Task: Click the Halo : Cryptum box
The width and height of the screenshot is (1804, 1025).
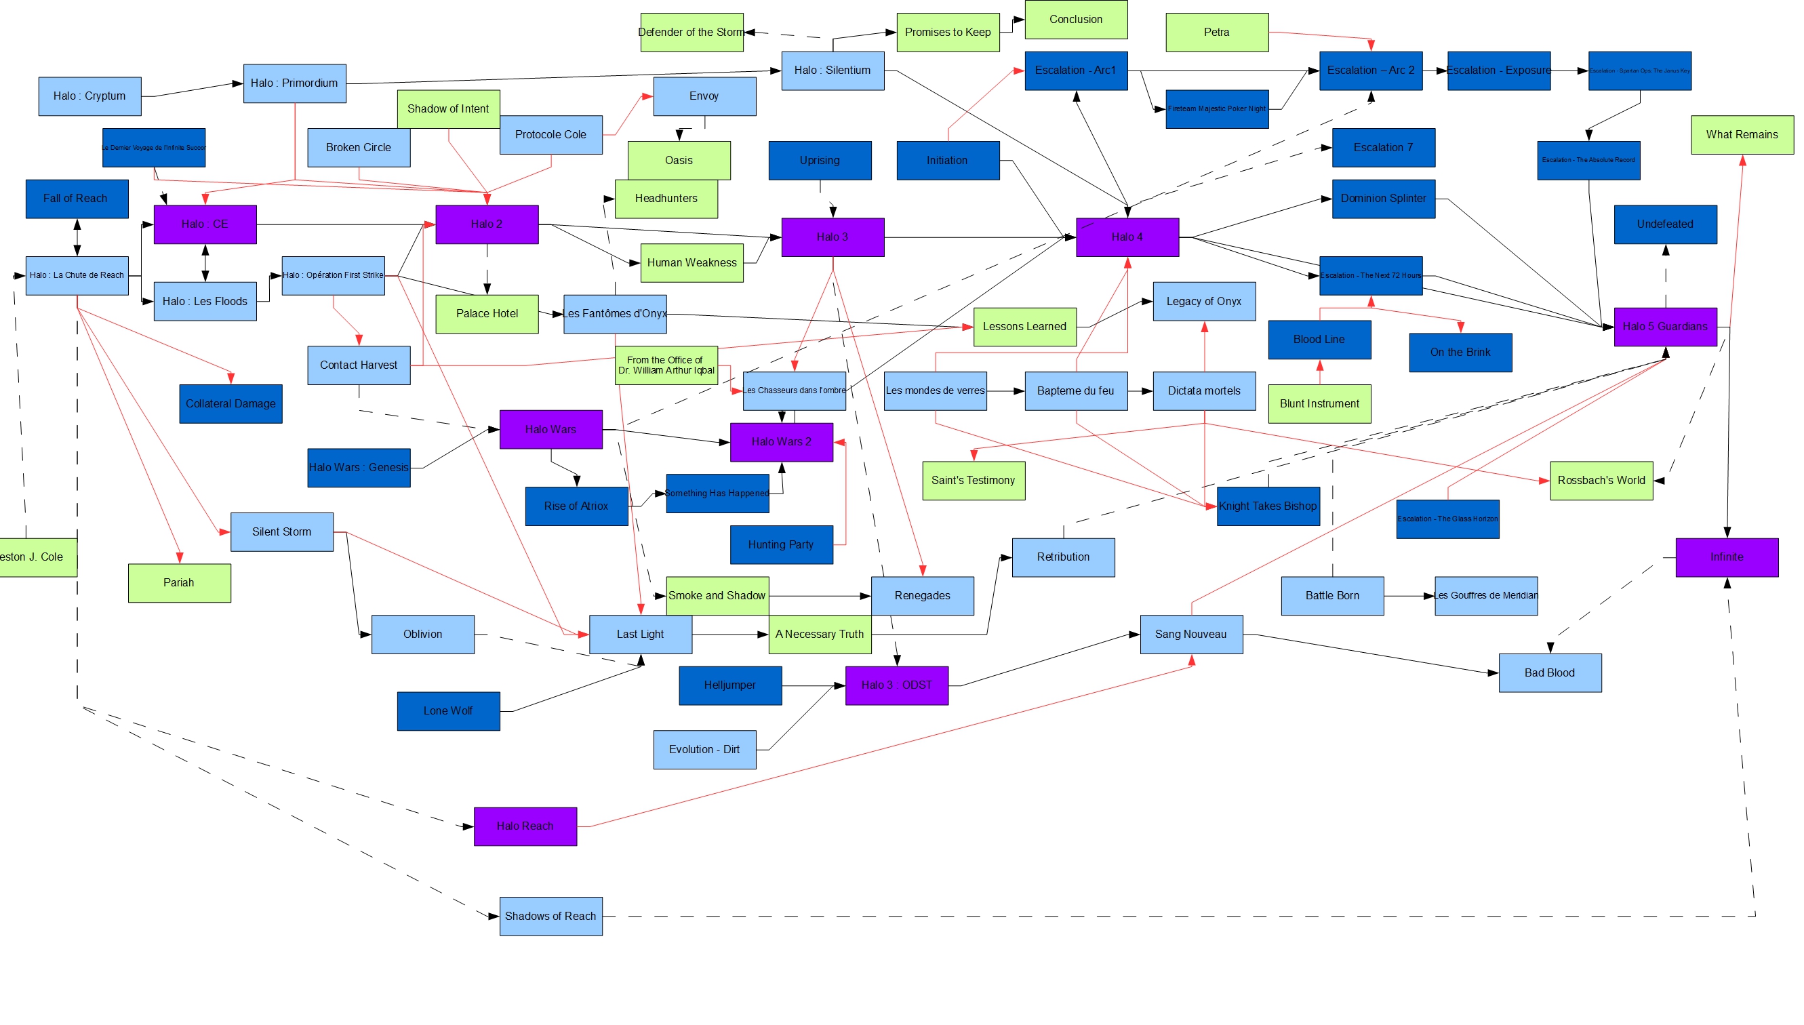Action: (x=89, y=96)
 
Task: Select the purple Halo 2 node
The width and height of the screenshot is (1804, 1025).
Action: (x=486, y=224)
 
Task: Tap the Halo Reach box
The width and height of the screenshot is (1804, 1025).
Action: (x=525, y=826)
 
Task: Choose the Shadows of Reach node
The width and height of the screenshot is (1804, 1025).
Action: (x=550, y=917)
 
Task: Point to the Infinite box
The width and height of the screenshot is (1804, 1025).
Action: (x=1727, y=557)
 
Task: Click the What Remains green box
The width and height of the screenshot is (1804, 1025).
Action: (x=1742, y=135)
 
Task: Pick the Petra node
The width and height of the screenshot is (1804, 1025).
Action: (x=1216, y=33)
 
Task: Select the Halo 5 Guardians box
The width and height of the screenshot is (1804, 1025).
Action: (x=1664, y=327)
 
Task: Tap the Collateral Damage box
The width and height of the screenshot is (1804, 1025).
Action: (x=230, y=404)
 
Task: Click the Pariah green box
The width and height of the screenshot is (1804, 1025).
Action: (x=179, y=583)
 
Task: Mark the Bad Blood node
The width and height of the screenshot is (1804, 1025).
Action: (x=1549, y=673)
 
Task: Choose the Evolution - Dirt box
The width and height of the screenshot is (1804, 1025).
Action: (x=704, y=750)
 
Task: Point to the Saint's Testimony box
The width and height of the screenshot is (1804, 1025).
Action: (x=973, y=481)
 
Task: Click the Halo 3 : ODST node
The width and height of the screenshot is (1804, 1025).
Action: (x=896, y=685)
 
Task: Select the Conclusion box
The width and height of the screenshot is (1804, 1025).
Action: (x=1075, y=20)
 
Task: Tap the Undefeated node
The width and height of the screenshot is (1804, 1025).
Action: (x=1664, y=224)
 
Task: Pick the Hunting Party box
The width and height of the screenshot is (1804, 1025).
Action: (x=780, y=545)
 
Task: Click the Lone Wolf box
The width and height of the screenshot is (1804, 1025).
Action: (x=447, y=711)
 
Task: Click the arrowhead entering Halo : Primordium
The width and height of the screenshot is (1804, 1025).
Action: (x=238, y=84)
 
